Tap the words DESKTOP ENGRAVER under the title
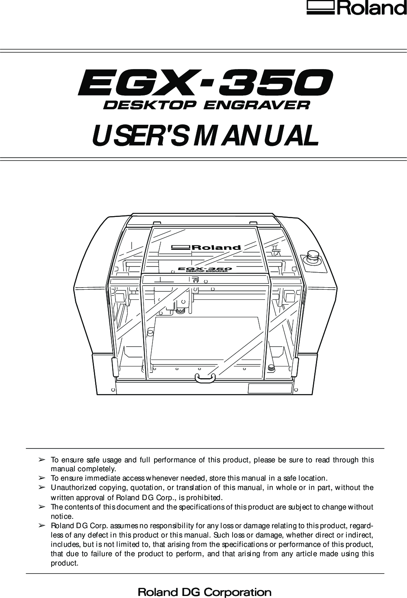pyautogui.click(x=207, y=105)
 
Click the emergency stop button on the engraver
pyautogui.click(x=314, y=257)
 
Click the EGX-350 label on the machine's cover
pyautogui.click(x=205, y=269)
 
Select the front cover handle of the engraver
pyautogui.click(x=205, y=378)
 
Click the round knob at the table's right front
pyautogui.click(x=272, y=368)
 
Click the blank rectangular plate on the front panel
pyautogui.click(x=270, y=388)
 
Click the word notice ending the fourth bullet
pyautogui.click(x=62, y=517)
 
